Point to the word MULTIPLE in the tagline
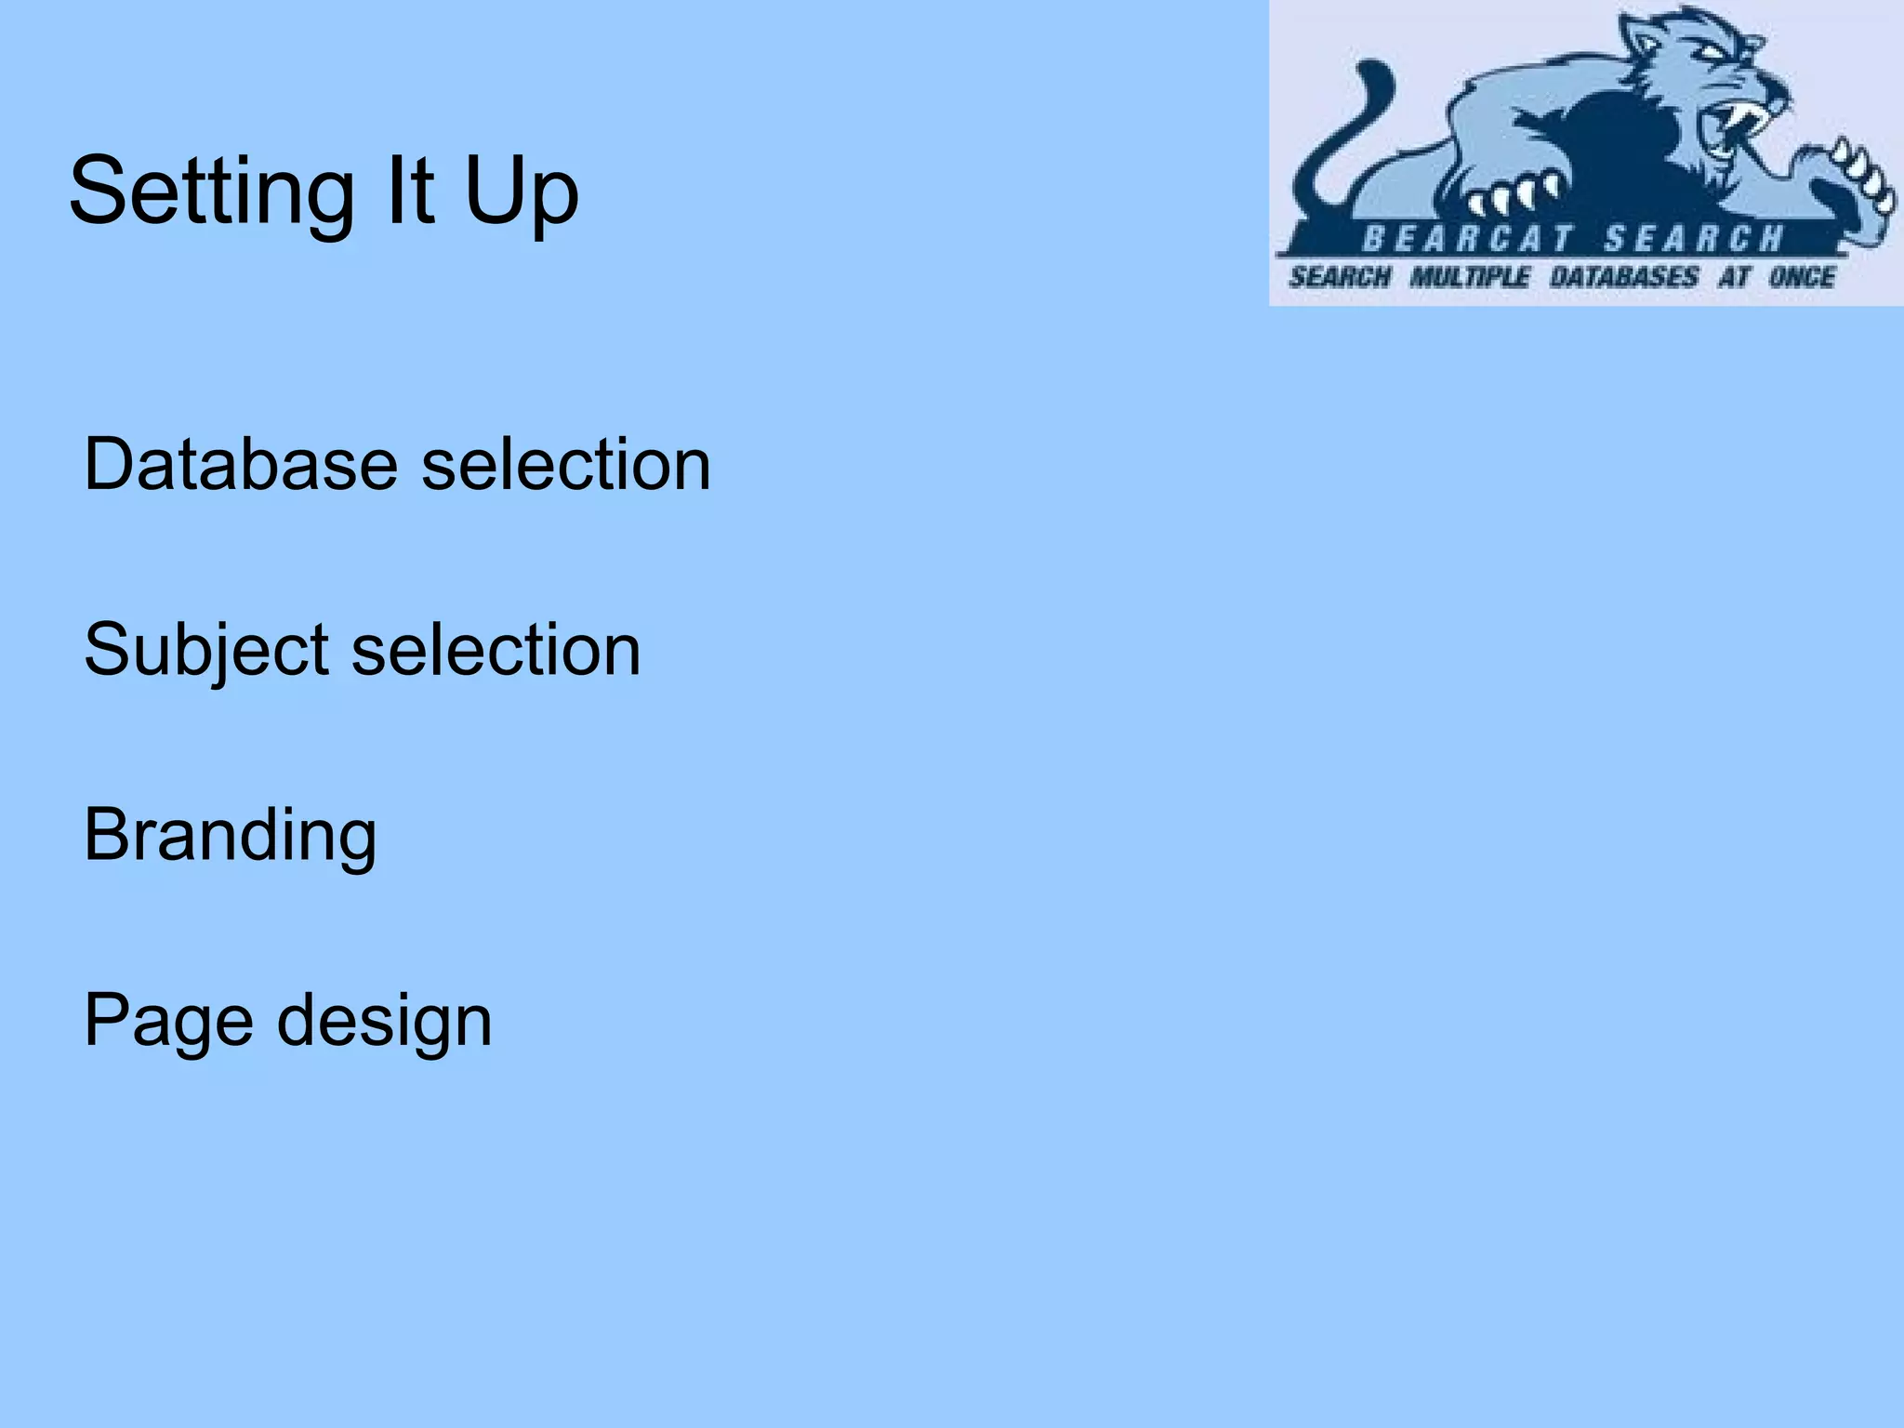pos(1469,277)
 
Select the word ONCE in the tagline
pos(1801,277)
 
